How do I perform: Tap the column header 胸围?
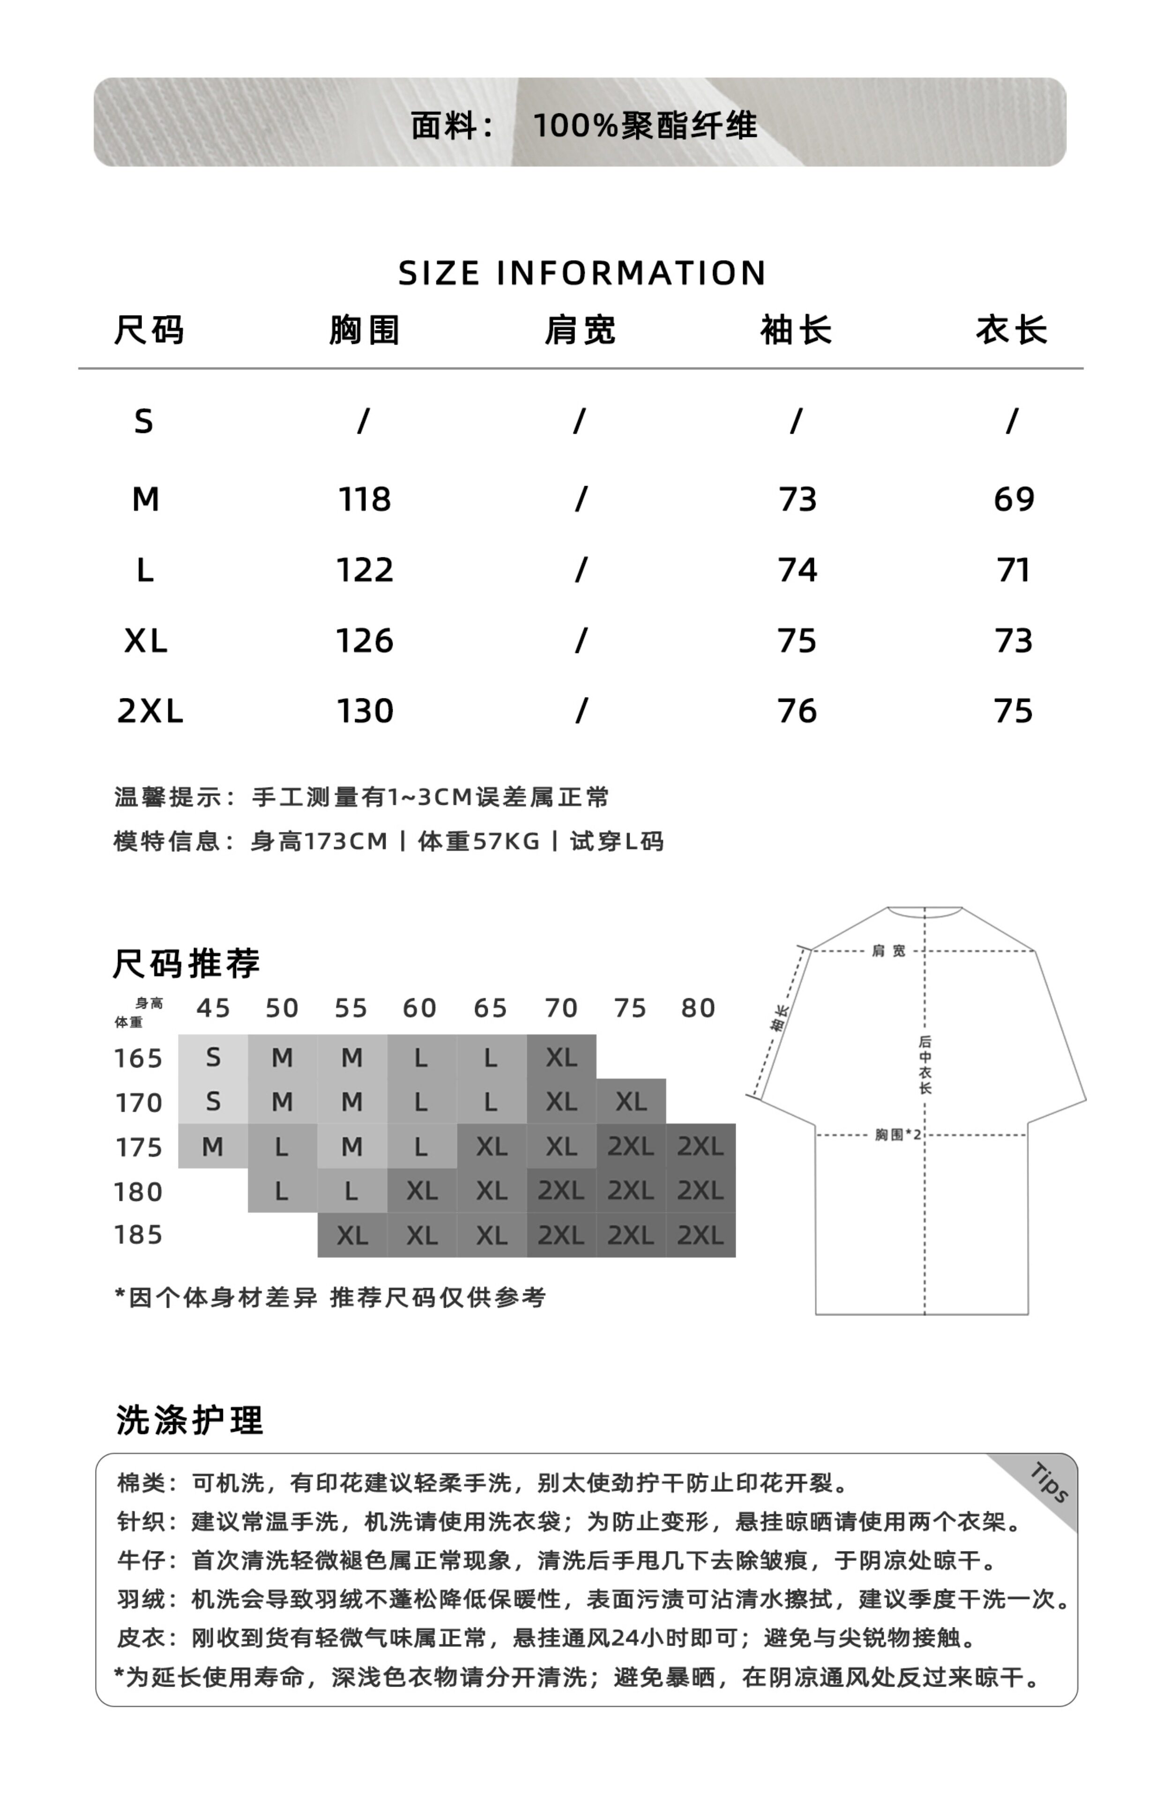(365, 330)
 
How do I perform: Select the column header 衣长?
(1012, 330)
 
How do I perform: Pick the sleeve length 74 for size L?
(797, 570)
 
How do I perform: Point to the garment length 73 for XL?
(1013, 641)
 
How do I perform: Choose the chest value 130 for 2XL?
(365, 711)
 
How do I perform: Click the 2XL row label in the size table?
(150, 711)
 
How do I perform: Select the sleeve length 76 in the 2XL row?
(797, 711)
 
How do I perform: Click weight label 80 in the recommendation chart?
(698, 1008)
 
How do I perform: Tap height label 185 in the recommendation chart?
(138, 1235)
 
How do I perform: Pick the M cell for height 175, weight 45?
(213, 1147)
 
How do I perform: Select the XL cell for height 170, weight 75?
(631, 1102)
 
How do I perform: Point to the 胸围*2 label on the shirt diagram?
(898, 1134)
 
